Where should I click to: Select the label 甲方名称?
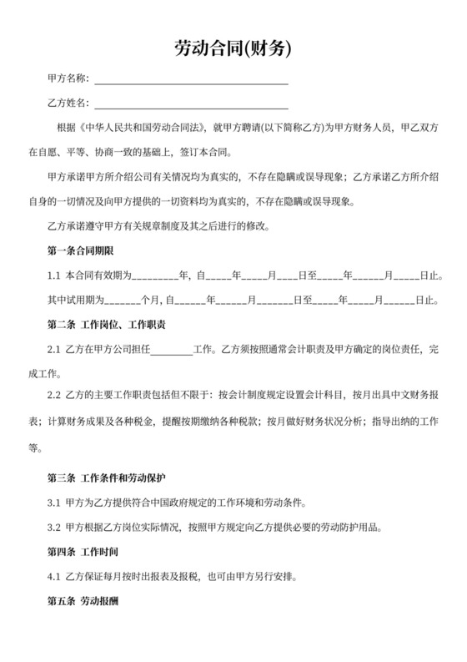pos(68,78)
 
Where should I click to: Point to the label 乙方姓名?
pos(68,103)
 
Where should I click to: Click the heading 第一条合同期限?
pos(82,250)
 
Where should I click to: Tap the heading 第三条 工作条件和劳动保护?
pos(106,478)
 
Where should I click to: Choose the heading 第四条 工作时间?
pos(82,552)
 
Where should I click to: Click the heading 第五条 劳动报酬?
pos(82,600)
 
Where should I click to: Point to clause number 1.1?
pos(53,275)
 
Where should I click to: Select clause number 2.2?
pos(53,397)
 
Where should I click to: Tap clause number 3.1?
pos(53,503)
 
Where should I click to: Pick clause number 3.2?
pos(53,528)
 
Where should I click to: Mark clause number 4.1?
pos(53,577)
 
